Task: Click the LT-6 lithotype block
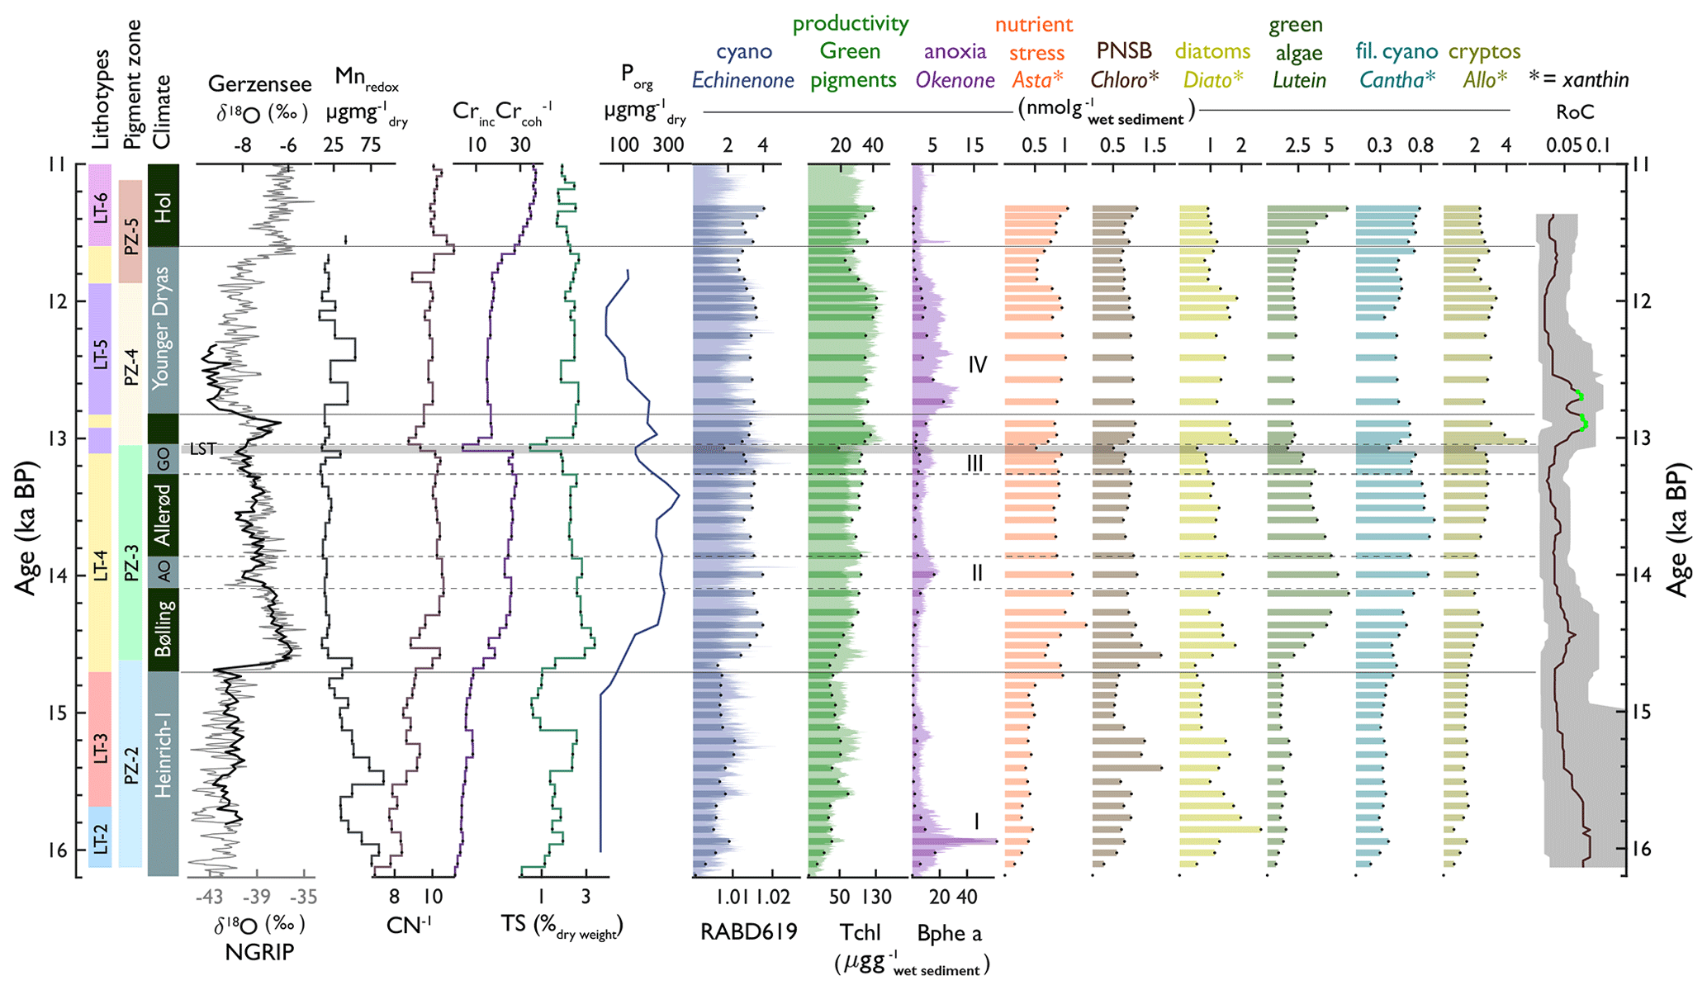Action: (x=100, y=206)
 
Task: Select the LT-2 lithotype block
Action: (x=100, y=837)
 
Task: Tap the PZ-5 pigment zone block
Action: (x=130, y=231)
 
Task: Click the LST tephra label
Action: (x=202, y=449)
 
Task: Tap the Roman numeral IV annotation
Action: (x=978, y=364)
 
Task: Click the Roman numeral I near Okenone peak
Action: (x=977, y=821)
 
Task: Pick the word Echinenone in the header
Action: (x=742, y=80)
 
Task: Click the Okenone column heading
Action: (x=955, y=80)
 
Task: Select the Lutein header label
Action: (x=1299, y=80)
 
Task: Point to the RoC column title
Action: (x=1575, y=112)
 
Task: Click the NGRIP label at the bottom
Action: (x=259, y=952)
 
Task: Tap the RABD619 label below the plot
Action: (x=748, y=932)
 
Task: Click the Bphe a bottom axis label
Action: (x=950, y=933)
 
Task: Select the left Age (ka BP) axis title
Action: (x=25, y=528)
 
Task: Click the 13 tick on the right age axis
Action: (x=1642, y=438)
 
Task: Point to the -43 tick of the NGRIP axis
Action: (x=210, y=897)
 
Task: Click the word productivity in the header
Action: (x=850, y=23)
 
